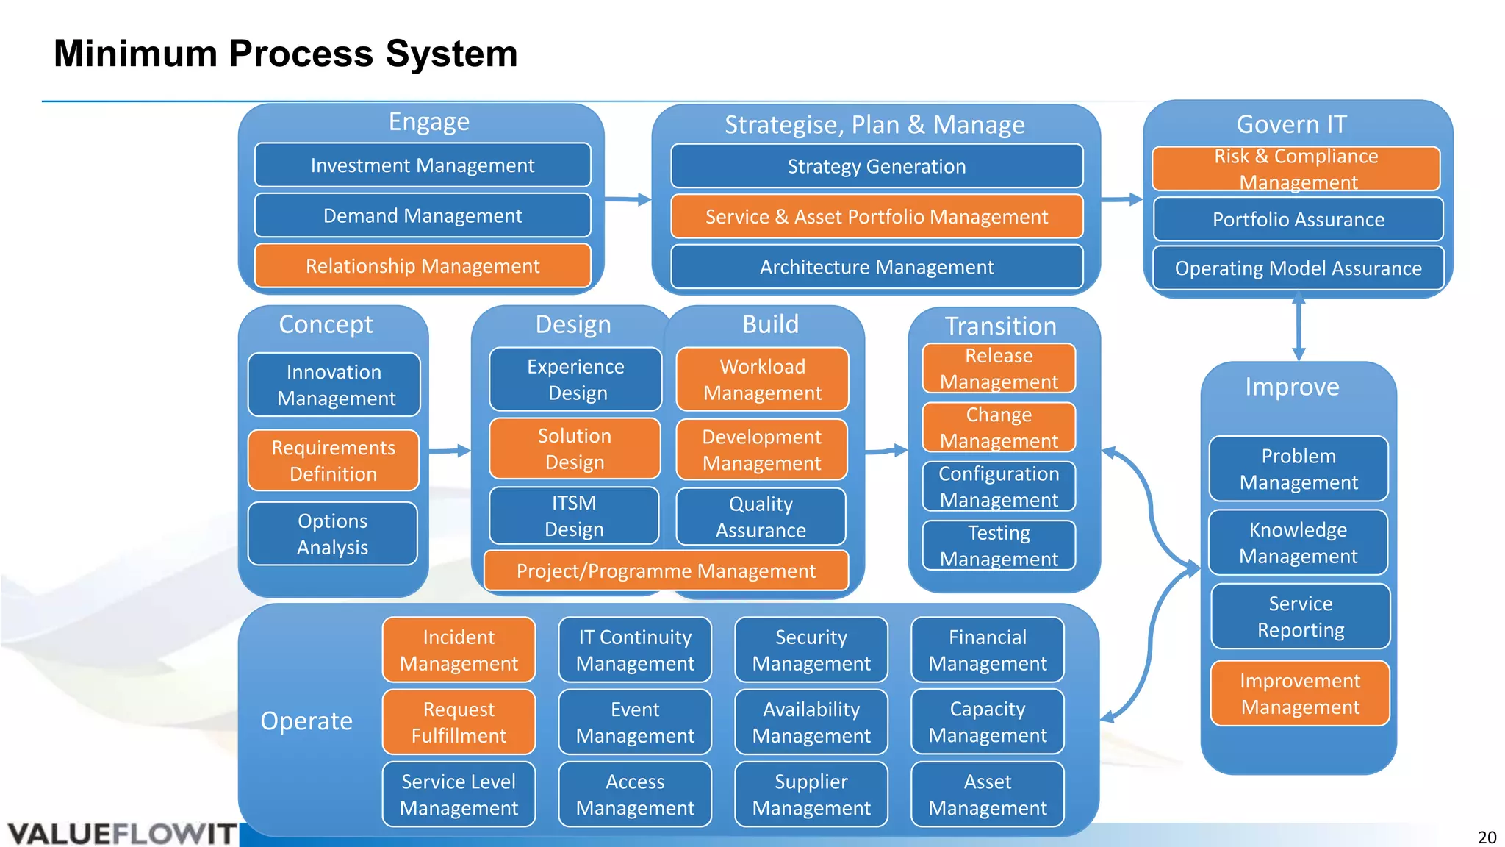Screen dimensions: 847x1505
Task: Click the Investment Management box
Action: click(x=423, y=165)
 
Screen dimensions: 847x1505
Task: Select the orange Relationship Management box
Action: click(x=423, y=265)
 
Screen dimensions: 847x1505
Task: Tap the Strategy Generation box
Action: click(x=877, y=166)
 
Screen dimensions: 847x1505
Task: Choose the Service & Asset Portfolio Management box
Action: click(x=877, y=216)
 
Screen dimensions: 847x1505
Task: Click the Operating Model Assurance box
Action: click(x=1298, y=268)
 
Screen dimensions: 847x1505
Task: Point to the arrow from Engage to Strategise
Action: click(x=628, y=199)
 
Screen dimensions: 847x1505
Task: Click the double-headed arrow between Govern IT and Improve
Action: click(x=1299, y=328)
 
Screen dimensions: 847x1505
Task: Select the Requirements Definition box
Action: click(x=334, y=460)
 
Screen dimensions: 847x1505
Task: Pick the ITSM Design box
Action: click(x=574, y=515)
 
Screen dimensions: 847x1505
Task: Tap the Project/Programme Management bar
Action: click(x=666, y=571)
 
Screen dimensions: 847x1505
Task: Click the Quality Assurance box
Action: click(x=761, y=517)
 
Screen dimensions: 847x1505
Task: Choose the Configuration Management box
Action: click(x=999, y=486)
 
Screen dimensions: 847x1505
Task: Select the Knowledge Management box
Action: click(x=1298, y=543)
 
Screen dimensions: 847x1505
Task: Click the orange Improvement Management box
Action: click(x=1300, y=693)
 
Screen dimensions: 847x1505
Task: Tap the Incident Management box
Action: click(x=459, y=650)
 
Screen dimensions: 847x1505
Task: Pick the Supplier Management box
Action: click(x=811, y=794)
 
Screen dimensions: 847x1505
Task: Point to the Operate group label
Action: click(x=306, y=721)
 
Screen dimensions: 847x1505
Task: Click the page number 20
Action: click(x=1487, y=837)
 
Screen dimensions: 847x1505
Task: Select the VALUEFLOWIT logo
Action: click(x=121, y=834)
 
